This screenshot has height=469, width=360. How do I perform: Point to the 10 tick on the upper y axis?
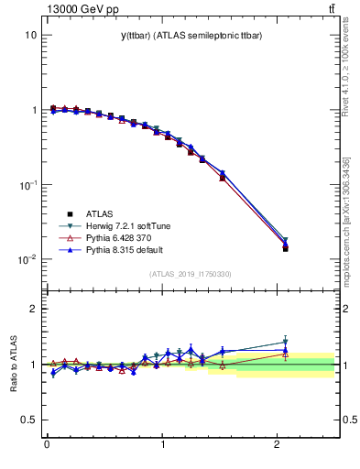coord(29,35)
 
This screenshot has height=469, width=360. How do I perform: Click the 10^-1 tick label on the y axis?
coord(27,185)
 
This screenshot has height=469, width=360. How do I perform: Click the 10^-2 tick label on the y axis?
coord(27,260)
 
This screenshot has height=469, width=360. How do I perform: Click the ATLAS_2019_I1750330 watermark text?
coord(191,274)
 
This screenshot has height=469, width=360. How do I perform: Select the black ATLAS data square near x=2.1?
coord(285,248)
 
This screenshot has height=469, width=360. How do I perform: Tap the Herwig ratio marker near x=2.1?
coord(285,343)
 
